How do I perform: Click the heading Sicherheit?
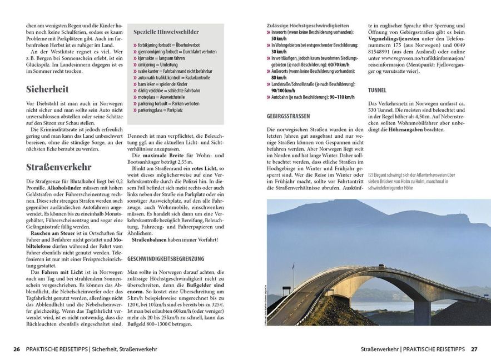(47, 89)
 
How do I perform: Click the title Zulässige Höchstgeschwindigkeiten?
(308, 26)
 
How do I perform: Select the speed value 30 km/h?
(279, 52)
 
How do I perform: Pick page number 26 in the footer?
(17, 349)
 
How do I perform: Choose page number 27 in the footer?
(474, 349)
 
